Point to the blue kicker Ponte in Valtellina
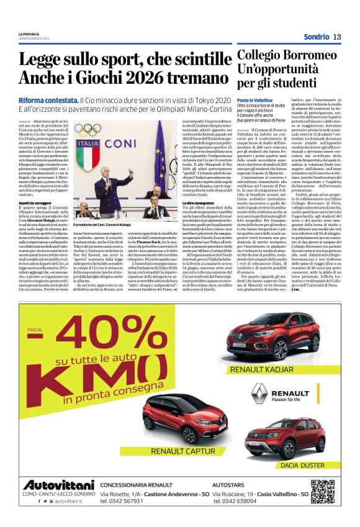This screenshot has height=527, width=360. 254,100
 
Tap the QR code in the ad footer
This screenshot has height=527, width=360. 323,492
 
